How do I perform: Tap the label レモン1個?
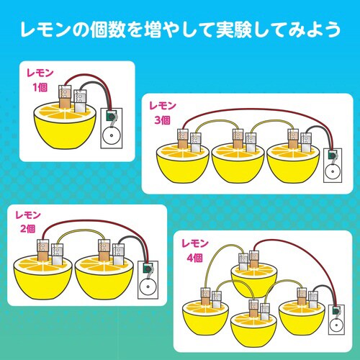(x=39, y=80)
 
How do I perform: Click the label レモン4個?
(x=194, y=247)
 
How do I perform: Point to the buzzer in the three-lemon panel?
(x=332, y=163)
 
